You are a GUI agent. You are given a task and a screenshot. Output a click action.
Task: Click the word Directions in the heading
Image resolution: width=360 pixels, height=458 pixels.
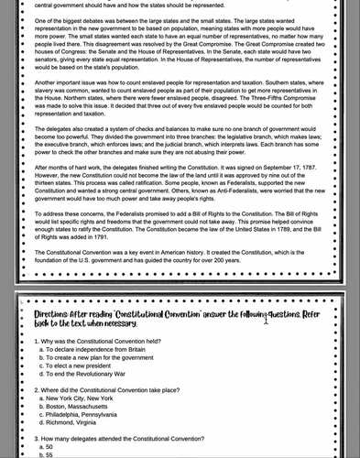point(44,311)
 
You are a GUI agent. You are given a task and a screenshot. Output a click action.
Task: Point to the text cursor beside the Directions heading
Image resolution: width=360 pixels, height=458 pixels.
point(267,320)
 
